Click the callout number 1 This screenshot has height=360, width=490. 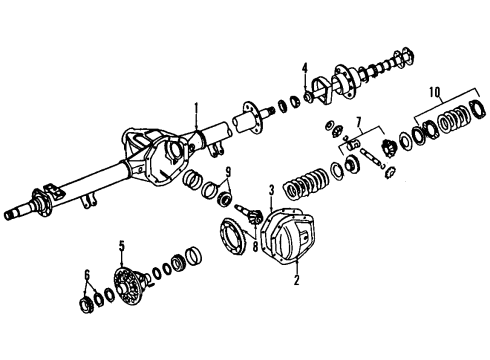[197, 108]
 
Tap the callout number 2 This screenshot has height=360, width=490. [296, 283]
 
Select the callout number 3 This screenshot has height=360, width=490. [269, 188]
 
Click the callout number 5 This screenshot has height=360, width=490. [122, 245]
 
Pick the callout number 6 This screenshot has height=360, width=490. [86, 274]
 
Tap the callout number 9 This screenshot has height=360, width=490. [228, 170]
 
